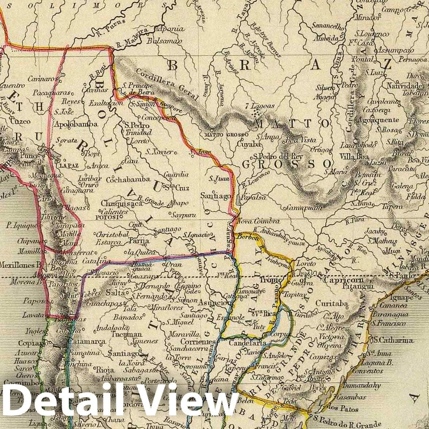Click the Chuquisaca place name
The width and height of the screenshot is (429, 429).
point(119,204)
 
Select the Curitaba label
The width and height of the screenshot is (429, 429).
point(332,304)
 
